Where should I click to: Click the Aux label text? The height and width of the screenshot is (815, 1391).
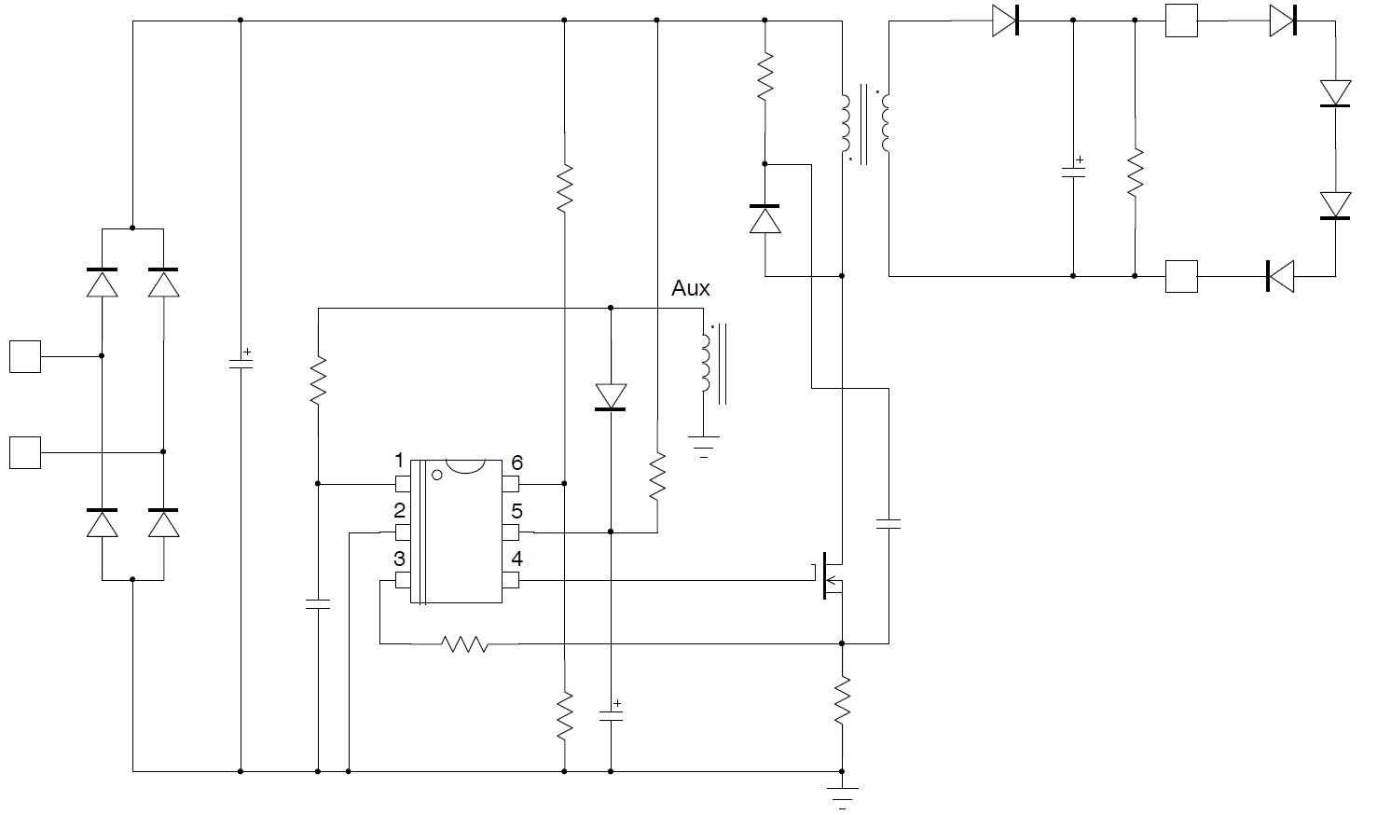point(690,289)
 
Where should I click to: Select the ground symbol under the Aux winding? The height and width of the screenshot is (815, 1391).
point(704,447)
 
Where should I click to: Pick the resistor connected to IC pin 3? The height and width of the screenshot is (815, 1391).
point(464,643)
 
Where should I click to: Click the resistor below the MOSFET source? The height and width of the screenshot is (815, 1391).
point(842,702)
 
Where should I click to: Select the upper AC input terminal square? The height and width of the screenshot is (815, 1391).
point(25,356)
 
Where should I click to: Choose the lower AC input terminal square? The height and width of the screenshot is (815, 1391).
point(25,452)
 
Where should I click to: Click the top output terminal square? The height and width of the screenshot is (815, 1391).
point(1181,21)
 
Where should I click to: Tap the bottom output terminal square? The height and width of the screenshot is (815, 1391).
point(1181,276)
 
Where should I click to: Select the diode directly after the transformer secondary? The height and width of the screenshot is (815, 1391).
point(1005,21)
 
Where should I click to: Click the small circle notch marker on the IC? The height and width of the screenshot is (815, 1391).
point(436,474)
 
